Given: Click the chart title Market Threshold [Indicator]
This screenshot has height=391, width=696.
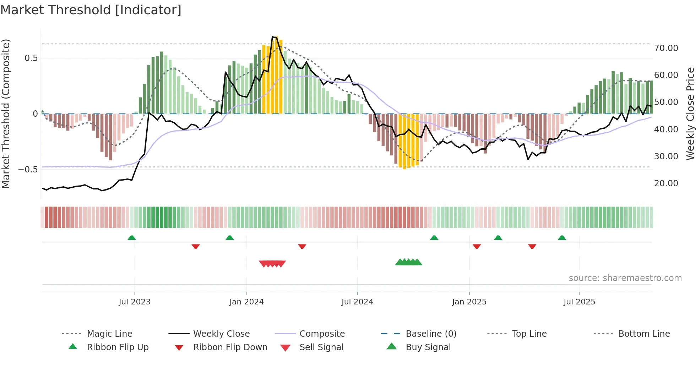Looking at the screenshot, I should (x=91, y=10).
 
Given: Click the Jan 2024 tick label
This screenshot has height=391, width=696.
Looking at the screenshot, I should (x=246, y=302).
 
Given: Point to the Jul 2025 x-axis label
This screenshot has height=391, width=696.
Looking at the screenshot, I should (x=579, y=302).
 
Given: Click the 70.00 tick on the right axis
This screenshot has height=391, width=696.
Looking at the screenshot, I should (x=666, y=48).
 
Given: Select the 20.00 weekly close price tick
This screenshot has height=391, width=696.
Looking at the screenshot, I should (x=666, y=183).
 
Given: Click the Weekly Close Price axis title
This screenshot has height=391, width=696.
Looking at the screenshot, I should (x=690, y=114).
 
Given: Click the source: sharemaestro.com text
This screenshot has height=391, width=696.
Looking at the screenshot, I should (x=625, y=278).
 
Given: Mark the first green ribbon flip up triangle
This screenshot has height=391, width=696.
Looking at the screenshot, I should (x=132, y=238).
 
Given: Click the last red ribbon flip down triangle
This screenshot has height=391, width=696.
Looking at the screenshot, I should (x=532, y=246).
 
